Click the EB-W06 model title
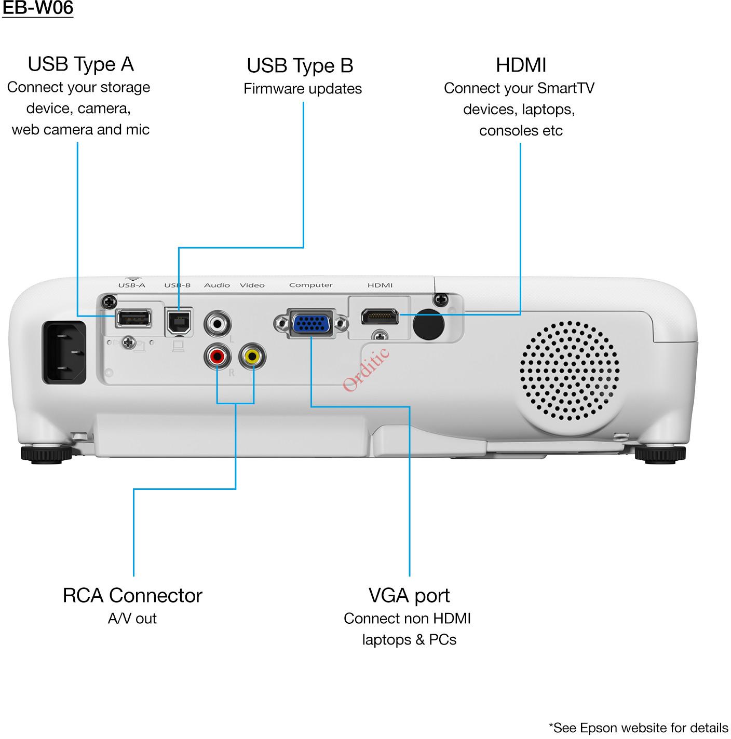(x=37, y=8)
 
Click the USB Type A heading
(x=80, y=64)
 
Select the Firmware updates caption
(x=303, y=89)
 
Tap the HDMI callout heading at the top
(x=521, y=65)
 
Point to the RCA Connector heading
(x=132, y=595)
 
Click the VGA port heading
(x=409, y=595)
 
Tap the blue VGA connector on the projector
(x=310, y=324)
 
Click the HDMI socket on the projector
(x=380, y=316)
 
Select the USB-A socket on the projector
(x=133, y=317)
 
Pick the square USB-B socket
(x=179, y=321)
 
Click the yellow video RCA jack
(x=252, y=357)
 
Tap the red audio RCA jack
(x=217, y=357)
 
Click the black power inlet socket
(x=64, y=352)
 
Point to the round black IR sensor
(x=428, y=325)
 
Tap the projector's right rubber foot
(x=660, y=455)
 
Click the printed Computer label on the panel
(x=310, y=285)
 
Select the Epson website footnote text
(x=638, y=728)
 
